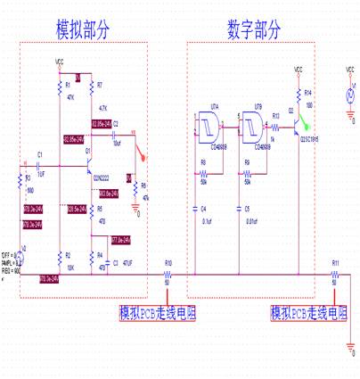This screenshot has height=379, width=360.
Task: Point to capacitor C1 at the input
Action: click(40, 166)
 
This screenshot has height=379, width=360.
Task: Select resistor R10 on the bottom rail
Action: click(168, 276)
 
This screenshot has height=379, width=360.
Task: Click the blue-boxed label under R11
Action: click(310, 313)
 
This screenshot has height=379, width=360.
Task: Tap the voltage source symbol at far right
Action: click(349, 95)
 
